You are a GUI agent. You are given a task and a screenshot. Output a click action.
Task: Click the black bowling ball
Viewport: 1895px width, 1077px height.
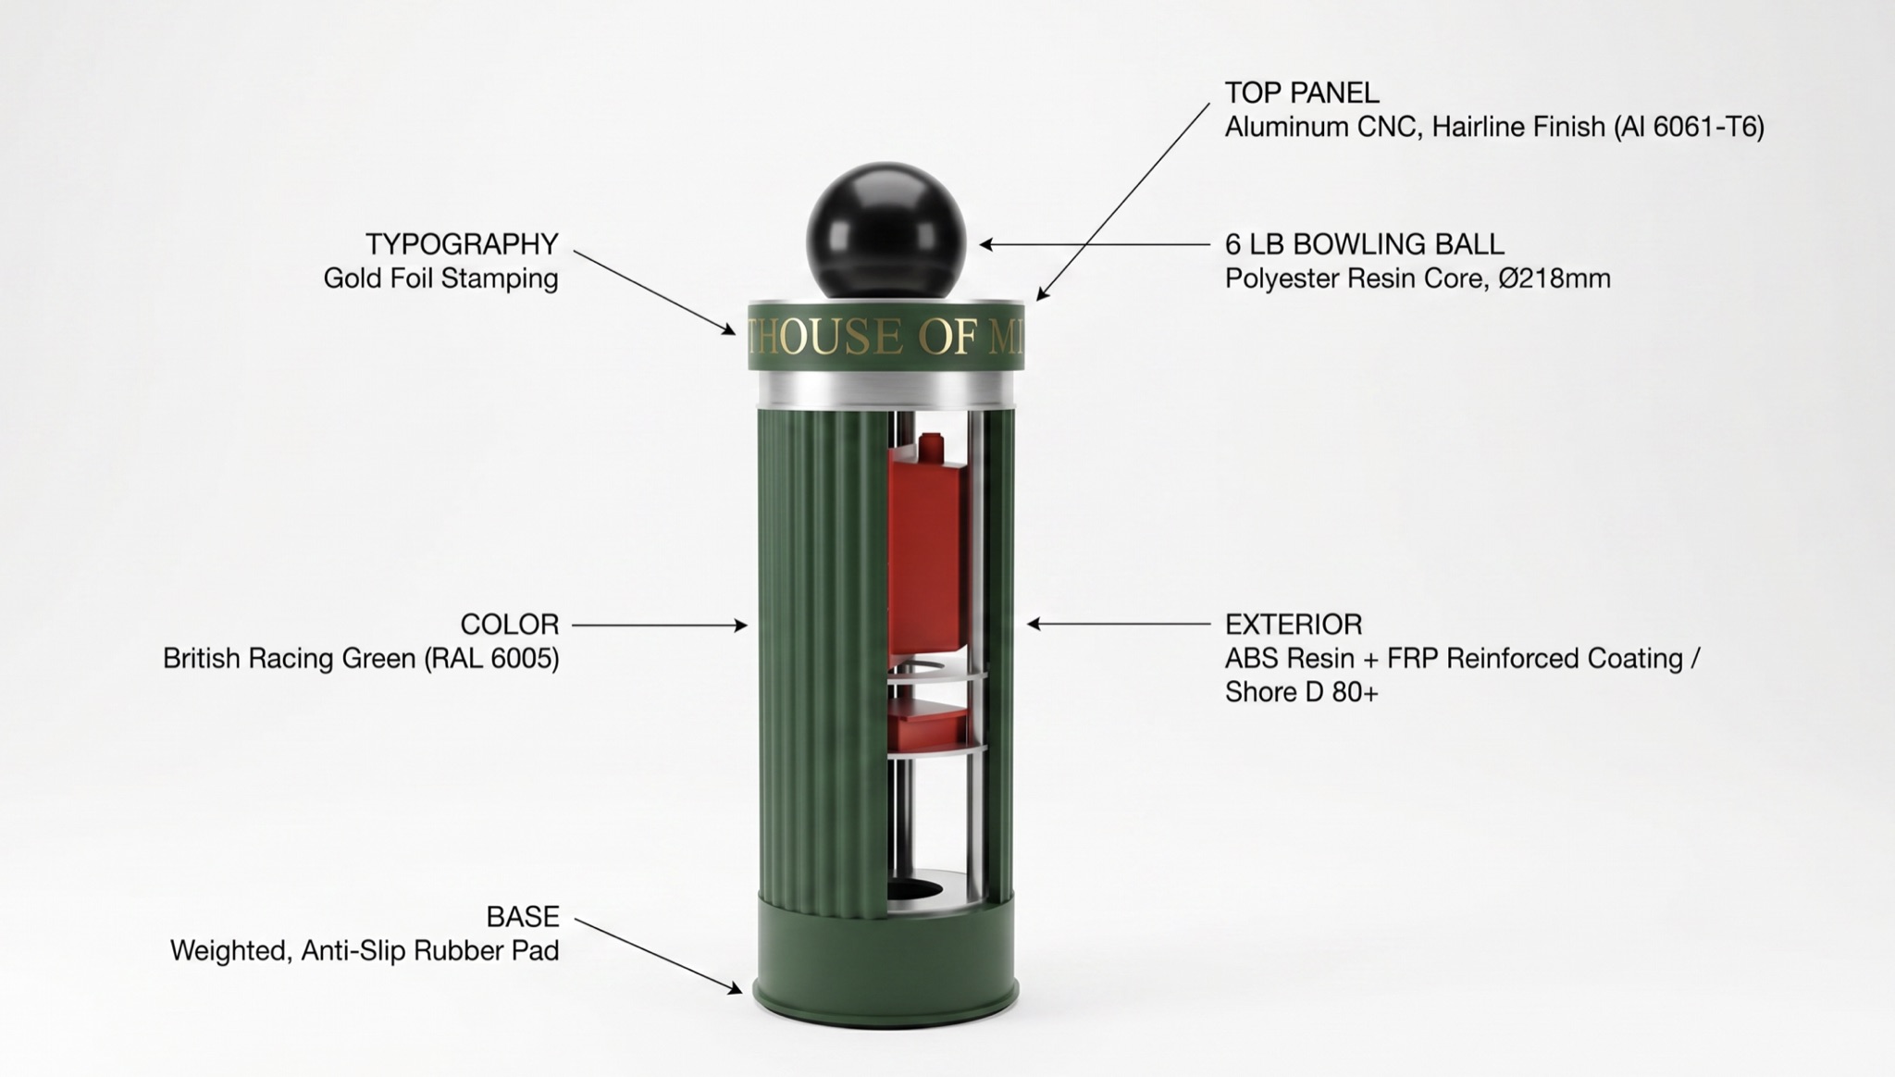click(x=886, y=231)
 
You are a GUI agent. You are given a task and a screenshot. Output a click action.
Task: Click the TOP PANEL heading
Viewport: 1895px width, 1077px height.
click(x=1302, y=93)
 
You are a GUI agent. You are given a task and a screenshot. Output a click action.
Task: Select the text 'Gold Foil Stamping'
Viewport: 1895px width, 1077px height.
click(x=440, y=279)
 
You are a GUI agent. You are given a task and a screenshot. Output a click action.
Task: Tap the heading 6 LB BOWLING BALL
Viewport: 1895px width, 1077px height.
click(x=1365, y=244)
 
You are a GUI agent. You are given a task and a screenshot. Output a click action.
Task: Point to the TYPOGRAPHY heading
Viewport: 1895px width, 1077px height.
click(x=462, y=244)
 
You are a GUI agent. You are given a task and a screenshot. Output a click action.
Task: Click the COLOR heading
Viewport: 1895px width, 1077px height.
click(x=510, y=625)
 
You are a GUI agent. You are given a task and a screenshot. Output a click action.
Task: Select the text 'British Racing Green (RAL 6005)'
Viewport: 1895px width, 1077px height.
click(x=361, y=659)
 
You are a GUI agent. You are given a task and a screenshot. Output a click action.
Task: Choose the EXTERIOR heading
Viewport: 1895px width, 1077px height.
click(x=1294, y=625)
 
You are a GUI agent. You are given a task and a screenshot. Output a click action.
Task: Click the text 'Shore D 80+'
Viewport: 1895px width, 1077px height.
click(x=1302, y=692)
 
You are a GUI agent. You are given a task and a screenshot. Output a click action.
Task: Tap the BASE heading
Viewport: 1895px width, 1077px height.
click(x=523, y=917)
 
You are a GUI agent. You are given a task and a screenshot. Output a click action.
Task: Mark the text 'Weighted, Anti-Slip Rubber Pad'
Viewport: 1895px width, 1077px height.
click(x=365, y=951)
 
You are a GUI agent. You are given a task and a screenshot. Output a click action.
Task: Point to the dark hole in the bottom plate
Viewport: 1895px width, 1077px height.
click(x=914, y=890)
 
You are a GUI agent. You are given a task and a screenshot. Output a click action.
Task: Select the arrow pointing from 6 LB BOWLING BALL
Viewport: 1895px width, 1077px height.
click(x=1095, y=244)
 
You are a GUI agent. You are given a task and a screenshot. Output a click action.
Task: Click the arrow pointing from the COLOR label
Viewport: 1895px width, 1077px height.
click(x=660, y=625)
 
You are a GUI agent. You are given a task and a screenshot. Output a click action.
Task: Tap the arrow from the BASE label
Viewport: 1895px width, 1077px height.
click(x=658, y=956)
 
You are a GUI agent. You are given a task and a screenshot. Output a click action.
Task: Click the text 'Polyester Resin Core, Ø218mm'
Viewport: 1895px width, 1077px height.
click(x=1418, y=279)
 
